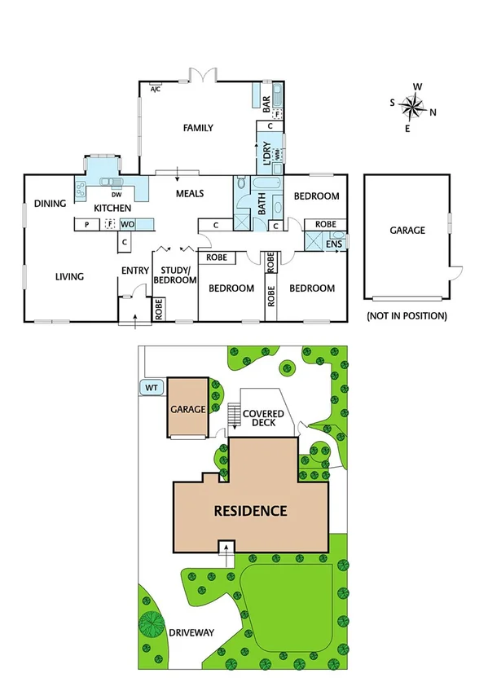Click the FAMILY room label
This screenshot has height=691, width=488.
198,128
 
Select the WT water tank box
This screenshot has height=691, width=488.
151,388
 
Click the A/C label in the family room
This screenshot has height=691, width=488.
156,89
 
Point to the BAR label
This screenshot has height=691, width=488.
266,103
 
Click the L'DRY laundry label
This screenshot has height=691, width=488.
265,152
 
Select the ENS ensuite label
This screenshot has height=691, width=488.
333,244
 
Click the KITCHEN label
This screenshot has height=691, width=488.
112,209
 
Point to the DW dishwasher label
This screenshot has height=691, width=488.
117,195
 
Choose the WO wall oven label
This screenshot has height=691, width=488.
127,224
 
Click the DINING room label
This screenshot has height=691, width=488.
50,204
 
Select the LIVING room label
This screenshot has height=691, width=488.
69,277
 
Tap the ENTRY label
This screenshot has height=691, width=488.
135,271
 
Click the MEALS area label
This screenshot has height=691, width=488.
190,194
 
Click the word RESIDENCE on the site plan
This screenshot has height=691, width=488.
250,512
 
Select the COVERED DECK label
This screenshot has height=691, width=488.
264,419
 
